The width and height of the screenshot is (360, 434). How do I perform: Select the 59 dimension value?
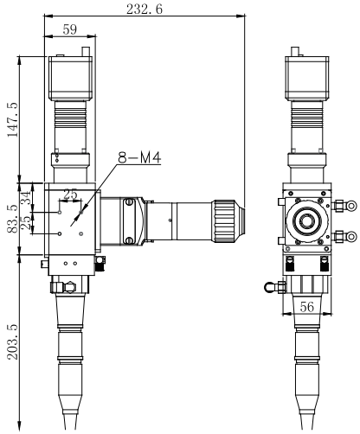pos(68,31)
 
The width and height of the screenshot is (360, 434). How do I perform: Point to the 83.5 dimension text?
pos(11,218)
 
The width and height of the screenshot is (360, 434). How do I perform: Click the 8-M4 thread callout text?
pos(140,158)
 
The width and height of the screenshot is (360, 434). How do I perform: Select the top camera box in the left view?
pos(69,76)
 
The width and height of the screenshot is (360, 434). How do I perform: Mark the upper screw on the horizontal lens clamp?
pos(130,202)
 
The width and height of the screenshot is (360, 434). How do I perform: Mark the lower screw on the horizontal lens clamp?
pos(130,239)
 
